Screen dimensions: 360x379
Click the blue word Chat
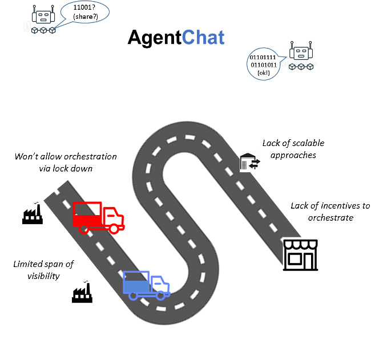click(x=203, y=38)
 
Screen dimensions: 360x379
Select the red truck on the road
click(x=98, y=217)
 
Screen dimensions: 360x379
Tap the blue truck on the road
click(x=146, y=285)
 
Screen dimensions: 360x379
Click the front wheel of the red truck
click(x=114, y=229)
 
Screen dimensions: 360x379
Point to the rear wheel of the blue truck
click(x=134, y=296)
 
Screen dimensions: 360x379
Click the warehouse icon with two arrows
click(x=250, y=161)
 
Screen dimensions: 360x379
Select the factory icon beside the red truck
click(x=32, y=213)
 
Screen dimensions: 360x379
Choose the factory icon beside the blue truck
click(x=82, y=291)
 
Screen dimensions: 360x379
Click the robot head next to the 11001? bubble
click(x=43, y=14)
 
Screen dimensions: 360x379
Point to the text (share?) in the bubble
click(x=85, y=18)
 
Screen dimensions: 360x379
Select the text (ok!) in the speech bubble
click(x=263, y=72)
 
